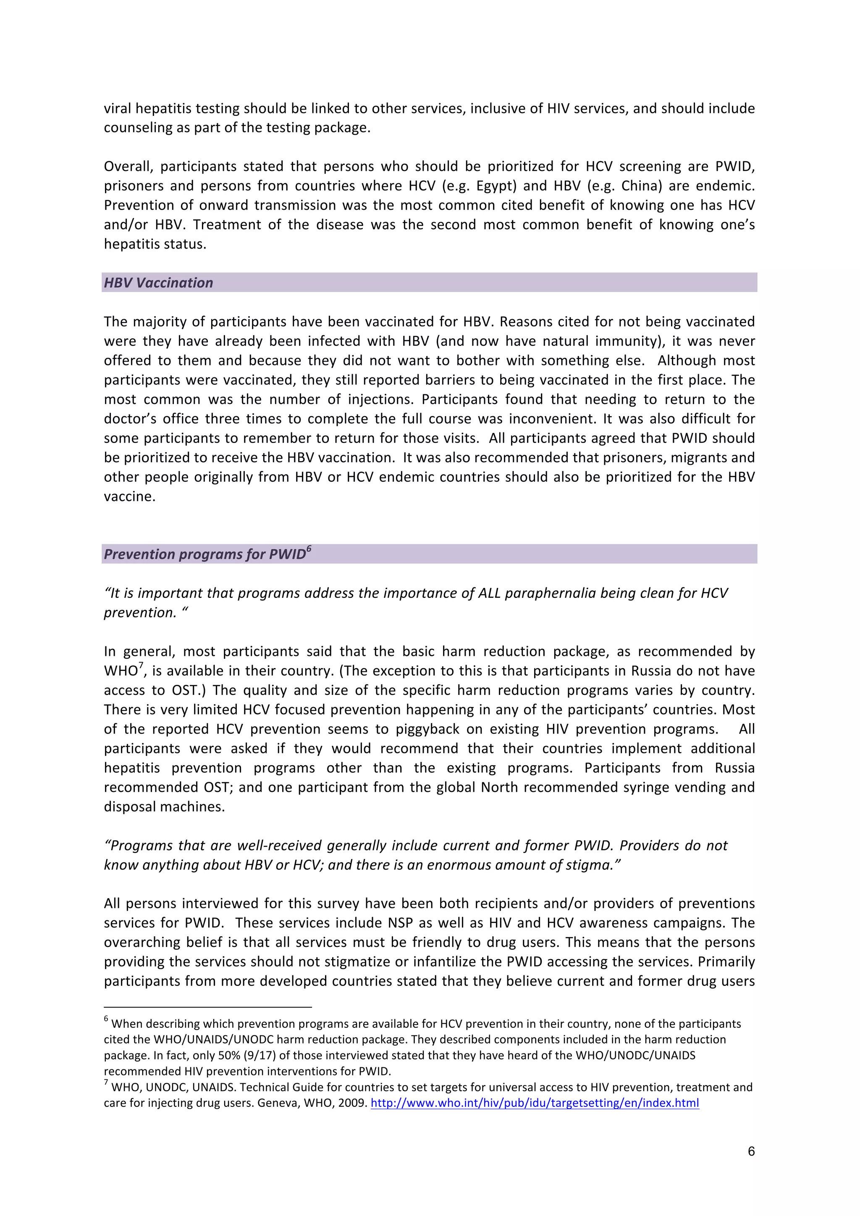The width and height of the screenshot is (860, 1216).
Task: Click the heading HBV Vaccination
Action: (158, 283)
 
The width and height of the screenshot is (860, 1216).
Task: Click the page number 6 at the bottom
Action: (751, 1151)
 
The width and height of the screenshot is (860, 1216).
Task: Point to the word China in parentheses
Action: (640, 186)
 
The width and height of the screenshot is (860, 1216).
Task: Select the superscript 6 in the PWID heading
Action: (309, 549)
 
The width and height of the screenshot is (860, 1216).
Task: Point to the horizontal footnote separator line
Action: (207, 1007)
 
